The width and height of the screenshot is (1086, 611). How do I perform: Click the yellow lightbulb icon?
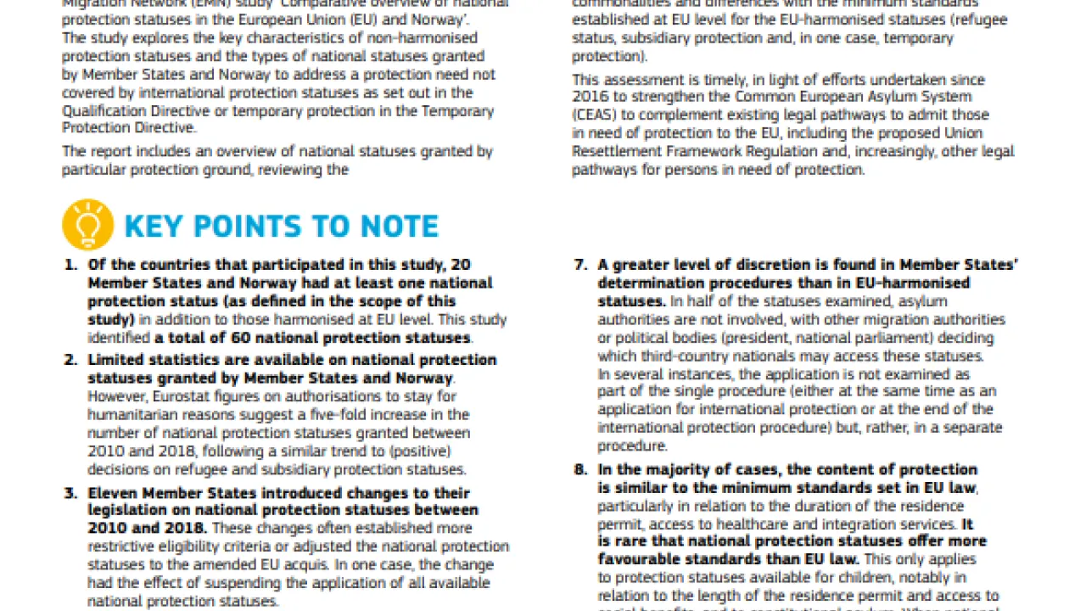[x=87, y=225]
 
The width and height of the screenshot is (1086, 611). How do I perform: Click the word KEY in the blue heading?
[x=155, y=227]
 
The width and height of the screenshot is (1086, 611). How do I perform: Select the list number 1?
[x=71, y=265]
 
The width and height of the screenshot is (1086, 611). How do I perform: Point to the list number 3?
[x=71, y=493]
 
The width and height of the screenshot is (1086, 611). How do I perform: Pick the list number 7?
[x=580, y=265]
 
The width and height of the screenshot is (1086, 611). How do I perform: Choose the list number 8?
[x=580, y=469]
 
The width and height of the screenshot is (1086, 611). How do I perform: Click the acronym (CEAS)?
[x=596, y=115]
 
